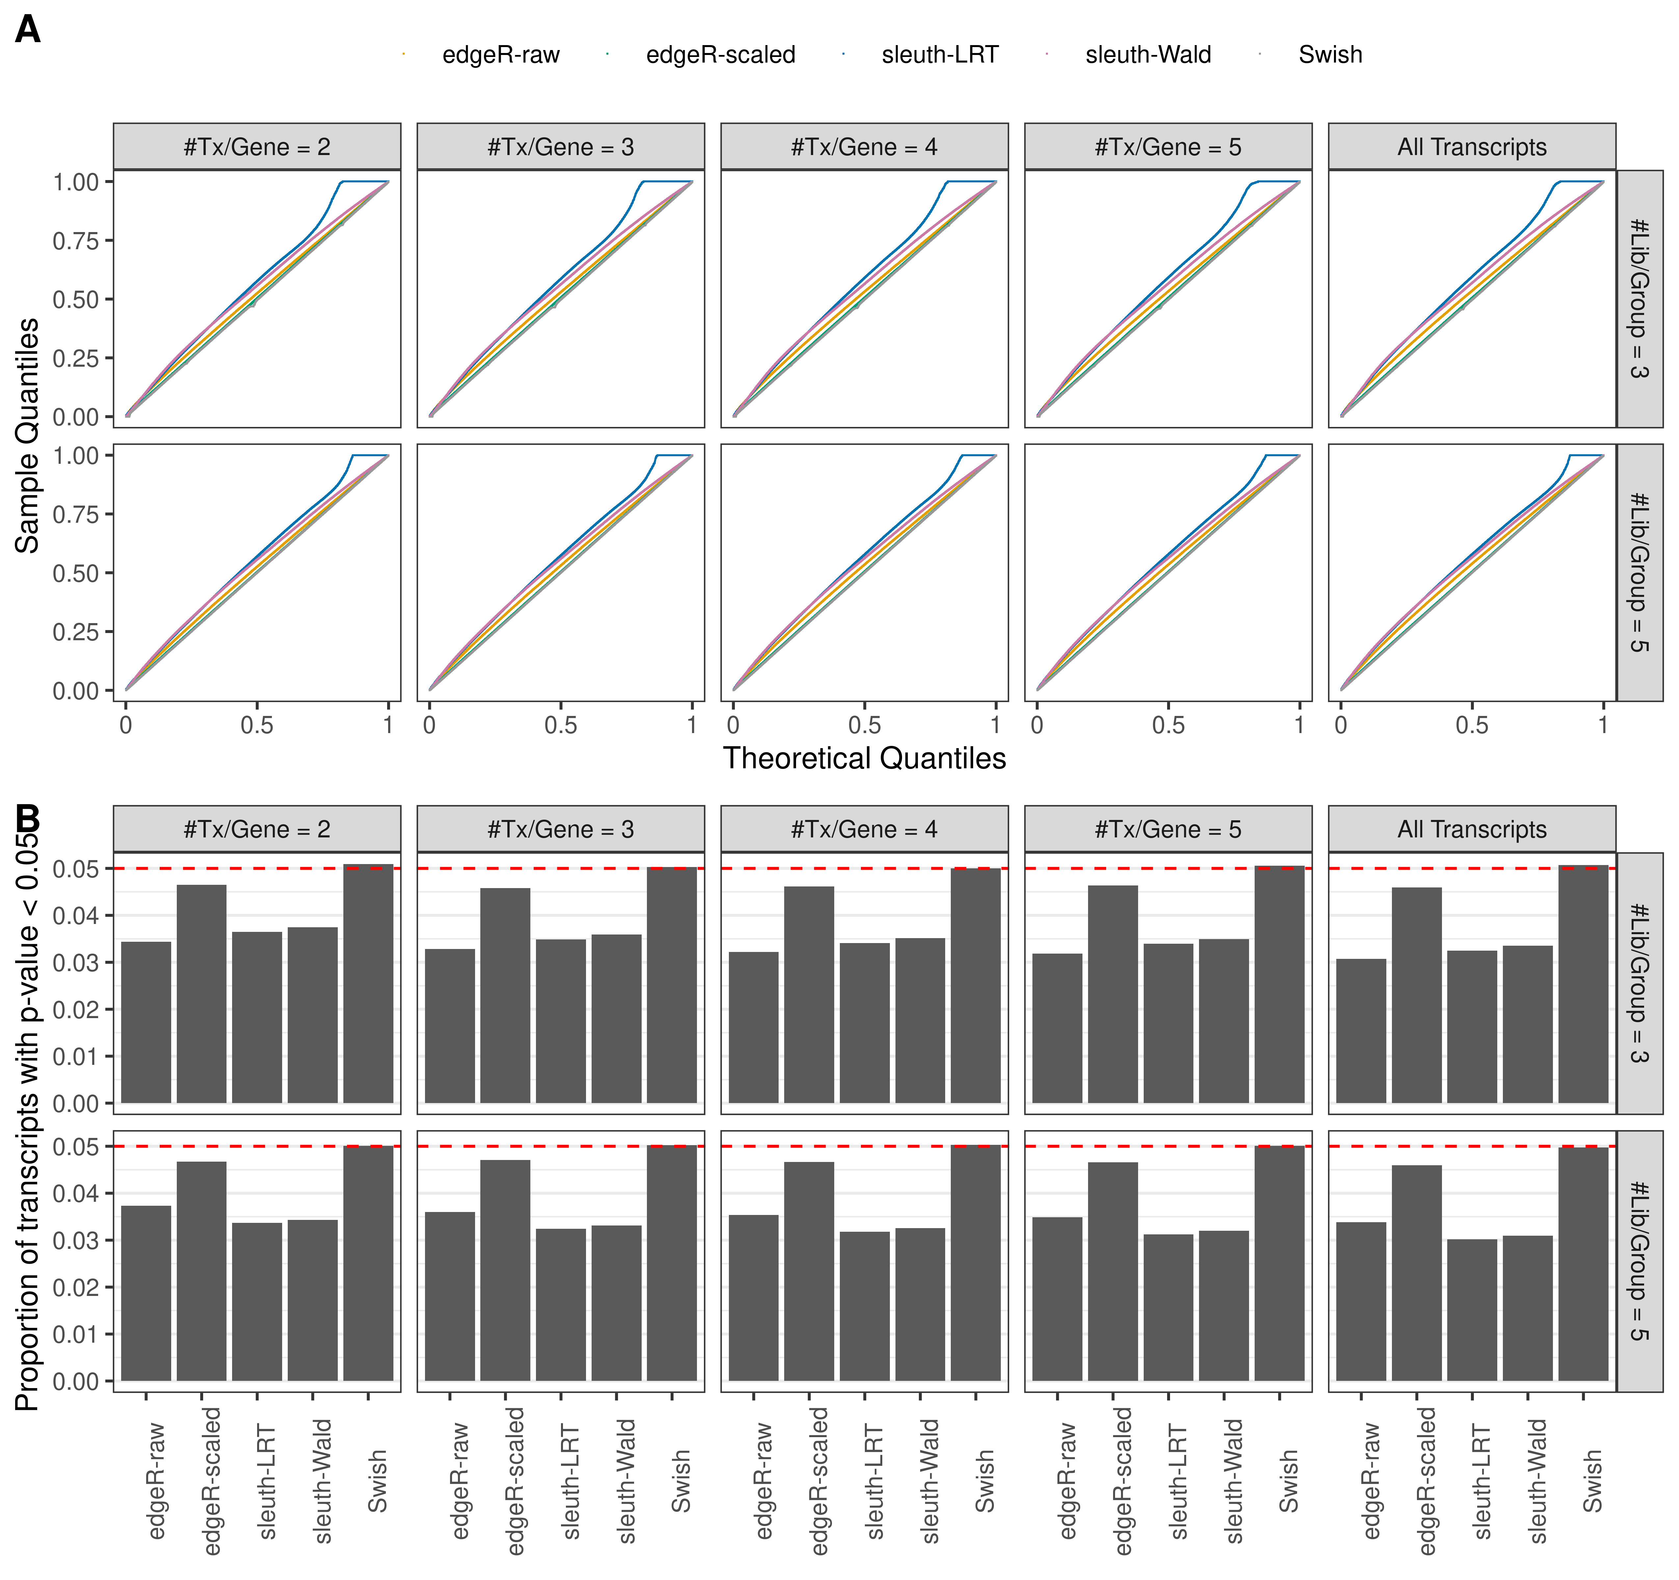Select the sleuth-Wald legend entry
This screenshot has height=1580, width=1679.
pos(1148,55)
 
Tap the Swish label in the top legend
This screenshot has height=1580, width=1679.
pos(1330,55)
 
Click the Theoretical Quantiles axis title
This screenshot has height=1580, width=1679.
pos(864,758)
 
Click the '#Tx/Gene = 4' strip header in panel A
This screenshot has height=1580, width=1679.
pos(864,147)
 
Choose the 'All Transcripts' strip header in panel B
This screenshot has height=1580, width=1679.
pos(1471,829)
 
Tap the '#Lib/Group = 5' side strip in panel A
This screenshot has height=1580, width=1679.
pos(1639,572)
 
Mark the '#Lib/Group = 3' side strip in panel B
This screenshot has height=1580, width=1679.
pos(1639,983)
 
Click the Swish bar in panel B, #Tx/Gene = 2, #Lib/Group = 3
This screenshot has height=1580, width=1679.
pos(368,984)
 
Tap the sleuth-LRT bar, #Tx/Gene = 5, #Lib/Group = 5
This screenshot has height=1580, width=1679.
pos(1168,1307)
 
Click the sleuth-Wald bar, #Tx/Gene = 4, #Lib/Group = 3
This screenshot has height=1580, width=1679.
pos(920,1020)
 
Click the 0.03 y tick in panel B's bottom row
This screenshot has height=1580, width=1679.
pos(76,1241)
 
